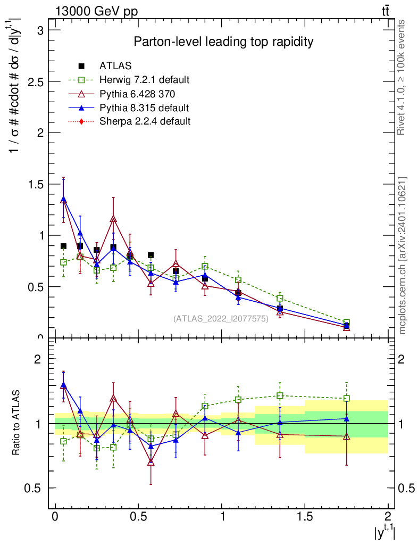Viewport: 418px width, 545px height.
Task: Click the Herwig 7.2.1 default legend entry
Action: pyautogui.click(x=144, y=80)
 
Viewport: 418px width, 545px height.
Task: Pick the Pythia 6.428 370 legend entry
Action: pyautogui.click(x=137, y=94)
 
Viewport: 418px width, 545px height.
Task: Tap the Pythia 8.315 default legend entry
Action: pyautogui.click(x=144, y=108)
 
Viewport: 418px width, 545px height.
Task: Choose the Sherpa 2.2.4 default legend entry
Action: pyautogui.click(x=145, y=121)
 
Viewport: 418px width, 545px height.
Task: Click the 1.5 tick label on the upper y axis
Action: pyautogui.click(x=36, y=184)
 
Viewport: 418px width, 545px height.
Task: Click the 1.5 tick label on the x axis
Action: pyautogui.click(x=305, y=516)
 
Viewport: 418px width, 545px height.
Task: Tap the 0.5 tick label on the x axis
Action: pyautogui.click(x=138, y=516)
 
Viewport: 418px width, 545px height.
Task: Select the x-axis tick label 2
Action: pyautogui.click(x=388, y=516)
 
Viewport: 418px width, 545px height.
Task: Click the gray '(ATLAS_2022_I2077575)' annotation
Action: pyautogui.click(x=221, y=319)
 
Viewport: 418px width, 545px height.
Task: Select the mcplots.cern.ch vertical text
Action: pyautogui.click(x=403, y=255)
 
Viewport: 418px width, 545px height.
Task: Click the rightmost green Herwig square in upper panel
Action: pyautogui.click(x=347, y=323)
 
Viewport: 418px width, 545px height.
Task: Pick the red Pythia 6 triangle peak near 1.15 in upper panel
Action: pyautogui.click(x=113, y=219)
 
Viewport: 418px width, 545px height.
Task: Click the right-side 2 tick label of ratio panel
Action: pyautogui.click(x=403, y=359)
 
